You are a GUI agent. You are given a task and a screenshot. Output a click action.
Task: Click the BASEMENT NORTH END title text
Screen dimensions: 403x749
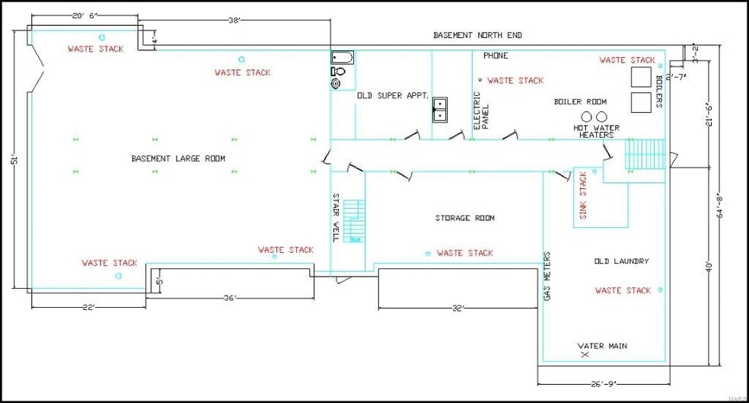pyautogui.click(x=477, y=35)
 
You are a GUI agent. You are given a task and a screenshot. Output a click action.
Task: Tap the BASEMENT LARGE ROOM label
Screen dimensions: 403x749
pyautogui.click(x=178, y=158)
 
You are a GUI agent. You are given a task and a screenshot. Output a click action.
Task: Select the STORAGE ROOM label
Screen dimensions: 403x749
pyautogui.click(x=464, y=218)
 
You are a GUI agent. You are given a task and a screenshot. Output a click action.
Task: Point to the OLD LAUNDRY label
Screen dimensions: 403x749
pyautogui.click(x=621, y=261)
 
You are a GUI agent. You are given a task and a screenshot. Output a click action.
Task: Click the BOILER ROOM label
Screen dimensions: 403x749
pyautogui.click(x=580, y=101)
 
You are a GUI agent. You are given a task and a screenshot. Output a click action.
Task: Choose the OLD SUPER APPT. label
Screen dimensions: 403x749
pyautogui.click(x=393, y=96)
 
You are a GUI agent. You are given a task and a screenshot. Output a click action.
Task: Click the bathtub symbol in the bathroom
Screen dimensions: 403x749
pyautogui.click(x=342, y=57)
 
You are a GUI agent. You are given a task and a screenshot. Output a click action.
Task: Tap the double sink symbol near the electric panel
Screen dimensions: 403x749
pyautogui.click(x=441, y=110)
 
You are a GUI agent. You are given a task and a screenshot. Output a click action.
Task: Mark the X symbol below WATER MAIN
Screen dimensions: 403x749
pyautogui.click(x=585, y=355)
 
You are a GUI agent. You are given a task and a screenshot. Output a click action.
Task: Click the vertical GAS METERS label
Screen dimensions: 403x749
pyautogui.click(x=547, y=277)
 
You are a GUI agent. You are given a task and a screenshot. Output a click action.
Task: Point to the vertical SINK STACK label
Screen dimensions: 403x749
pyautogui.click(x=584, y=196)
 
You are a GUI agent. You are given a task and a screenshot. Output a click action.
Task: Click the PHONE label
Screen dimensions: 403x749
pyautogui.click(x=496, y=56)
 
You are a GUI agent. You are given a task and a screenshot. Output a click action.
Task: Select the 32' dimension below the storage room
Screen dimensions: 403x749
pyautogui.click(x=457, y=309)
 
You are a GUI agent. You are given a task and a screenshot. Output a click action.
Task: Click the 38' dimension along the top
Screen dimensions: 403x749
pyautogui.click(x=234, y=21)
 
